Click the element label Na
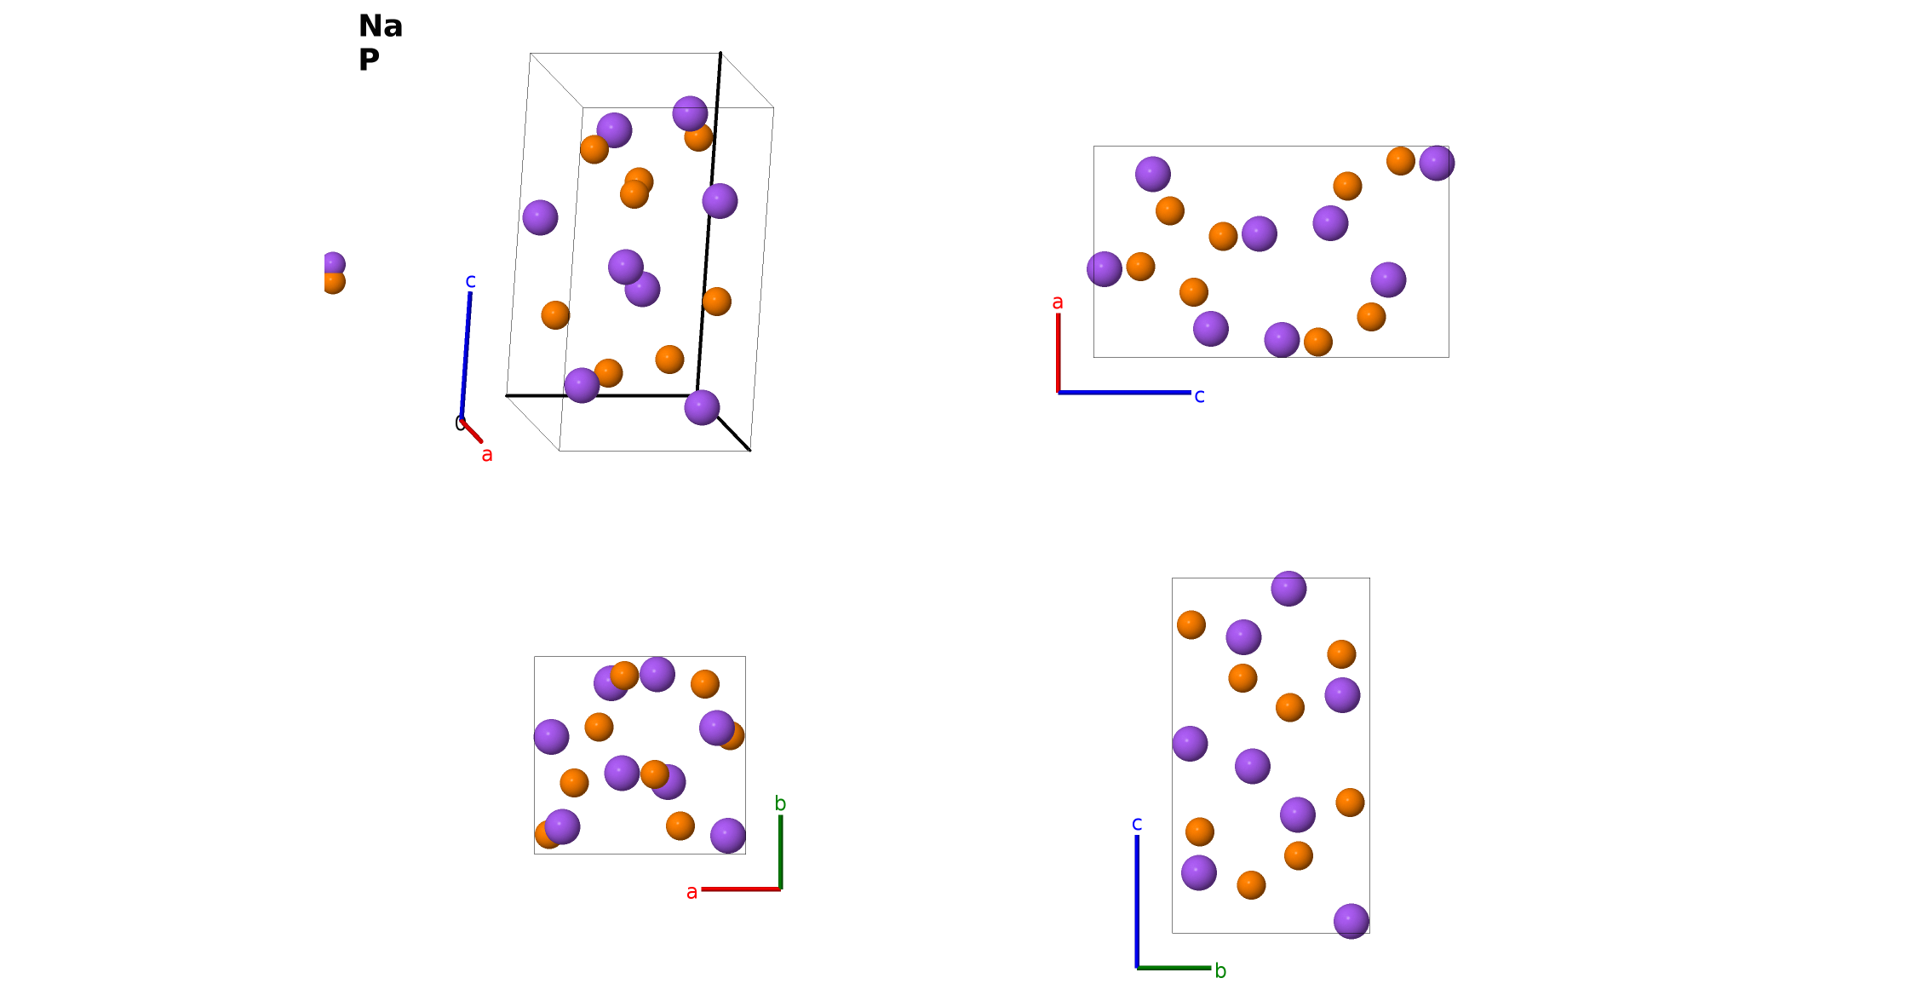pos(380,26)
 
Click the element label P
pos(369,60)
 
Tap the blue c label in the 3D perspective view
pos(470,281)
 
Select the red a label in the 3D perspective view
pos(487,455)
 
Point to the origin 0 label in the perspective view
pos(460,423)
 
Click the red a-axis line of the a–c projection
pos(1059,353)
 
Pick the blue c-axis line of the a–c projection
pos(1124,393)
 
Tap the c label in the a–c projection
pos(1199,396)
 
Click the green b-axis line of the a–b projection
pos(780,852)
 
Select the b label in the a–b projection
pos(780,803)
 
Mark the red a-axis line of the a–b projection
pos(741,889)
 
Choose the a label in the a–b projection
pos(692,892)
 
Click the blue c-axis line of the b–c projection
pos(1137,901)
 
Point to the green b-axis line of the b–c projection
pos(1174,968)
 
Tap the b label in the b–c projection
pos(1220,971)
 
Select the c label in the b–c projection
pos(1137,824)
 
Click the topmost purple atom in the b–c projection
pos(1288,589)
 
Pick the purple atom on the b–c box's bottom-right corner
pos(1351,921)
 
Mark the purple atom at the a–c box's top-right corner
pos(1437,163)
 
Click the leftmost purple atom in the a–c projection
pos(1105,269)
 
